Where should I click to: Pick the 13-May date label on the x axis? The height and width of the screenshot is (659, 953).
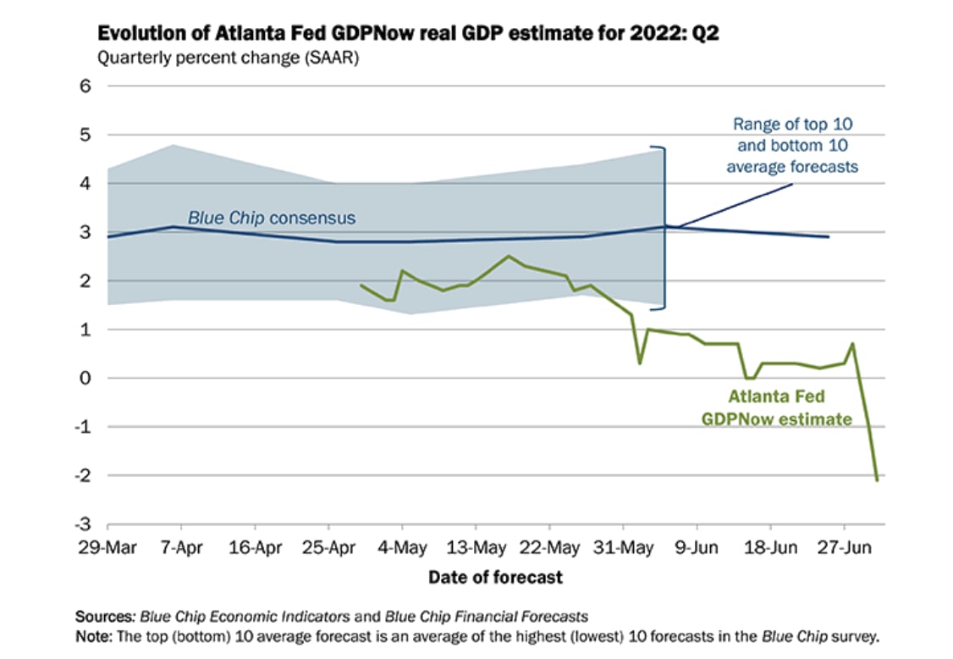tap(472, 549)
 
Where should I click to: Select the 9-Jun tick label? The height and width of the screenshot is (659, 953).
tap(697, 549)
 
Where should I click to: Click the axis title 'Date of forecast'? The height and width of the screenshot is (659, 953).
tap(495, 578)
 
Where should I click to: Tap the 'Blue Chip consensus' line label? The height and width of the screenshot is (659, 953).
tap(271, 219)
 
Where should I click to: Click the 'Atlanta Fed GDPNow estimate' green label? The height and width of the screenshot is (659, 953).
tap(776, 407)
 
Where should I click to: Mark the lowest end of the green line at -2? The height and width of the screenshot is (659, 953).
tap(877, 479)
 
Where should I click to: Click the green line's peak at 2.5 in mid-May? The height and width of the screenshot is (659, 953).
tap(508, 256)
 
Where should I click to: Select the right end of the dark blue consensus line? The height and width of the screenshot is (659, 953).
tap(829, 236)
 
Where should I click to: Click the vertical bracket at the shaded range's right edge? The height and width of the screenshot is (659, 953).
tap(664, 227)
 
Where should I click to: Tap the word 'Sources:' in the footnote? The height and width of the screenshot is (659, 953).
tap(106, 616)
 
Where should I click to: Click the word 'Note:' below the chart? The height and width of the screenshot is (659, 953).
tap(96, 634)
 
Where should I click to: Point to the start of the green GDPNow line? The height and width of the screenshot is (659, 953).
tap(361, 285)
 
